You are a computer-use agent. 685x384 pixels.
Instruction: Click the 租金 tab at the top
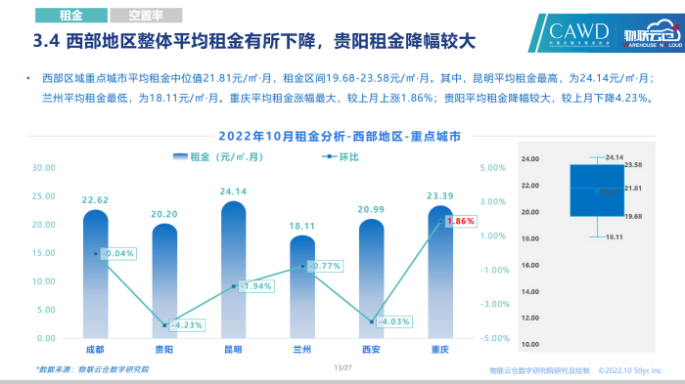click(x=69, y=16)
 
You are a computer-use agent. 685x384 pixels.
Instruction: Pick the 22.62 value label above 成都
click(x=95, y=200)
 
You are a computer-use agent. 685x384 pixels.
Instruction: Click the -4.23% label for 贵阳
click(x=185, y=325)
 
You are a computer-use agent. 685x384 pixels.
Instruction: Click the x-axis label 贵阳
click(x=164, y=348)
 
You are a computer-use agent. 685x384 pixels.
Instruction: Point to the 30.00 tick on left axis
click(x=44, y=168)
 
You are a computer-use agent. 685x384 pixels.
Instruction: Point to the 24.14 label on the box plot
click(x=615, y=156)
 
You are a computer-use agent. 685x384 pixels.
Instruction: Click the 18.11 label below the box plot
click(x=615, y=236)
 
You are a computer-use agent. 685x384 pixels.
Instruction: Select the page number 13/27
click(x=342, y=367)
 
